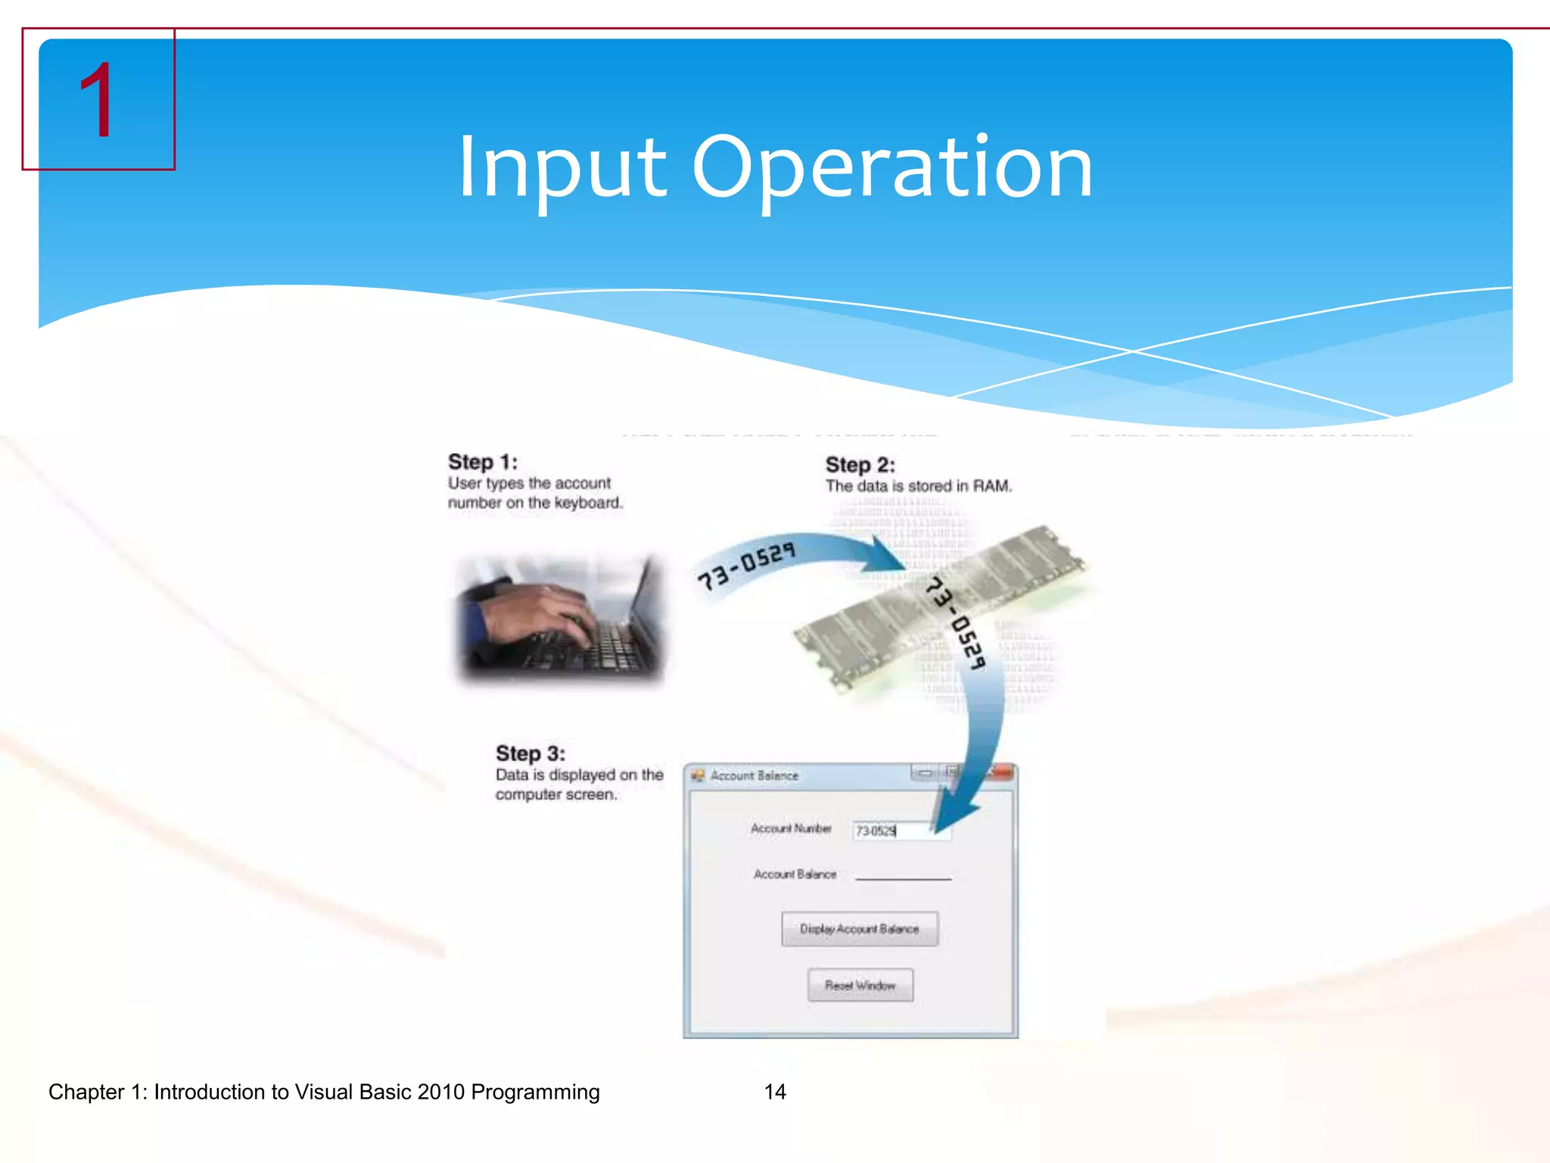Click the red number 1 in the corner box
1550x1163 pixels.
point(96,101)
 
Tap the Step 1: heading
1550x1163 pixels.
point(482,462)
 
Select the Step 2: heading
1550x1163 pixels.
point(860,465)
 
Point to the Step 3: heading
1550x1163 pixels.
point(530,753)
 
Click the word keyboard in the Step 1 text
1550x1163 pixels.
point(587,503)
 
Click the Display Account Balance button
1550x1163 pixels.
point(860,929)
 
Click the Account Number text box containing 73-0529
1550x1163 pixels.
point(901,831)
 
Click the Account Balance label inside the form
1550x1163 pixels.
point(795,875)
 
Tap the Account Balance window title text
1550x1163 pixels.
point(754,775)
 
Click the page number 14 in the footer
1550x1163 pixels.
point(775,1092)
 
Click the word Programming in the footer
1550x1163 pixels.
point(534,1092)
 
